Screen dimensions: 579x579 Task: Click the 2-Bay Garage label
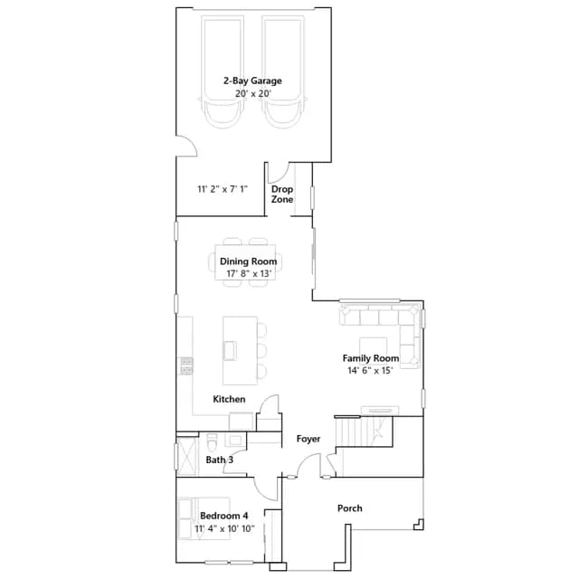coord(252,81)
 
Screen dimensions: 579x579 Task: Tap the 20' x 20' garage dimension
coord(253,93)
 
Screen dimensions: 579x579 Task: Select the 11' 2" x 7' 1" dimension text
coord(223,189)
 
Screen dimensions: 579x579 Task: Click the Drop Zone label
coord(282,195)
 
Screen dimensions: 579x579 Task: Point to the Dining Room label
coord(248,261)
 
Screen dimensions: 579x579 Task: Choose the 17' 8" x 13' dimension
coord(249,273)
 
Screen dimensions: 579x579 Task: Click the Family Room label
coord(370,358)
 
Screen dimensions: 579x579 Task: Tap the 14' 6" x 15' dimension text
coord(370,370)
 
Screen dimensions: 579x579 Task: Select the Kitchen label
coord(229,399)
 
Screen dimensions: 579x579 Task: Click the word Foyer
coord(308,439)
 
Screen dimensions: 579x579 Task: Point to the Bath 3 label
coord(219,460)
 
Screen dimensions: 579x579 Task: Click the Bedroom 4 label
coord(223,516)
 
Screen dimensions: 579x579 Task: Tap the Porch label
coord(350,508)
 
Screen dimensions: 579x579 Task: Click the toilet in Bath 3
coord(212,442)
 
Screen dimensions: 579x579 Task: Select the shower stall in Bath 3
coord(187,456)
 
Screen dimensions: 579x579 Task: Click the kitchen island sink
coord(229,350)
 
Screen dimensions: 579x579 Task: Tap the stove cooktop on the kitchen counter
coord(186,365)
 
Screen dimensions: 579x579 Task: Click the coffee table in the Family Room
coord(374,351)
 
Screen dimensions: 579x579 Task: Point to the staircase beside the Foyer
coord(364,432)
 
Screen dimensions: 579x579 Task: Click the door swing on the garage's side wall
coord(187,146)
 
